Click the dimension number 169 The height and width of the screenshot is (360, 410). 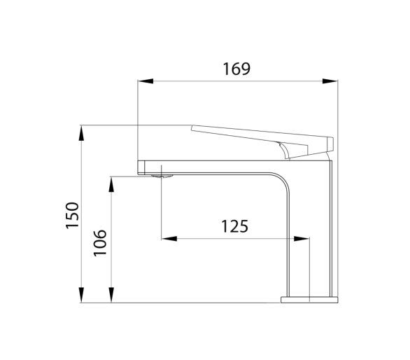tap(236, 69)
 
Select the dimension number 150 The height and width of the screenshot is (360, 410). tap(72, 215)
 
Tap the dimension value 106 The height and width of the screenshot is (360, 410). tap(100, 243)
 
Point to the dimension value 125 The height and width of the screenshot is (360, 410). tap(234, 226)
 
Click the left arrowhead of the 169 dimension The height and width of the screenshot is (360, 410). tap(146, 81)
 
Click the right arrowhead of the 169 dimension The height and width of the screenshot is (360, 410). tap(330, 81)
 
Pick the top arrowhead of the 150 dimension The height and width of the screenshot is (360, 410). tap(82, 133)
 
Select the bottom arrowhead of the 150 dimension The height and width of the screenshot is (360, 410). tap(82, 295)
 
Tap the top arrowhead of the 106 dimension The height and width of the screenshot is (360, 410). tap(111, 185)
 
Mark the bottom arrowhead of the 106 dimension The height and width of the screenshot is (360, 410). tap(111, 295)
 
